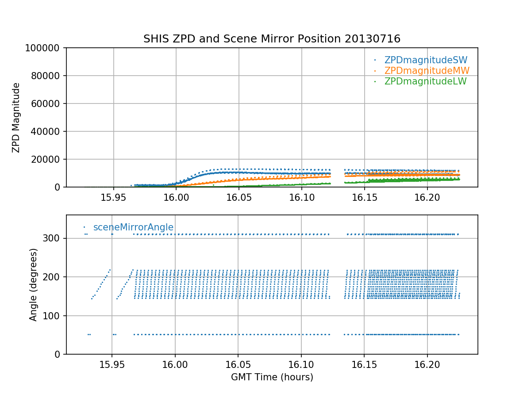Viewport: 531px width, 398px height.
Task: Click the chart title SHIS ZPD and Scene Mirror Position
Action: coord(272,39)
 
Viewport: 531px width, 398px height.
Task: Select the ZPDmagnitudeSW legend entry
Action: coord(426,60)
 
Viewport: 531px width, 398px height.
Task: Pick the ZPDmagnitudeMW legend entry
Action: coord(427,71)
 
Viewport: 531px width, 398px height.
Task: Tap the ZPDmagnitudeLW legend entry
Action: coord(425,81)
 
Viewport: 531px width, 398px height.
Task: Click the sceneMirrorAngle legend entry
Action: coord(133,227)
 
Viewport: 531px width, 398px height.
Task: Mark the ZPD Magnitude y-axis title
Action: coord(16,118)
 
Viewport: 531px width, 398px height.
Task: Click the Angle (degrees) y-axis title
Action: coord(34,284)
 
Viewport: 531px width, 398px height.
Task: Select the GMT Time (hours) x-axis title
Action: coord(272,377)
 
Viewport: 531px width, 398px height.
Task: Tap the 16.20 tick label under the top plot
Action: coord(427,197)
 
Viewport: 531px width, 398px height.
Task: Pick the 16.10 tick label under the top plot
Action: coord(302,197)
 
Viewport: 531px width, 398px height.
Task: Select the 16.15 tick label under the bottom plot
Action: coord(364,364)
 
